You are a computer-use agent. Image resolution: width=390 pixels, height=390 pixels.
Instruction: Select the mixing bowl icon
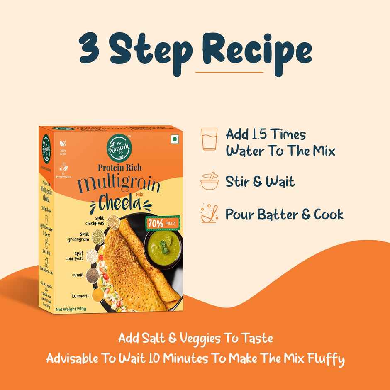pyautogui.click(x=209, y=181)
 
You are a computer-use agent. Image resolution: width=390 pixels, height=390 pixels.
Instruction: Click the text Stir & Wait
pyautogui.click(x=260, y=182)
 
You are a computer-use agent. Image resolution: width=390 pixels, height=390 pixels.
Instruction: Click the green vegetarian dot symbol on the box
pyautogui.click(x=175, y=139)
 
